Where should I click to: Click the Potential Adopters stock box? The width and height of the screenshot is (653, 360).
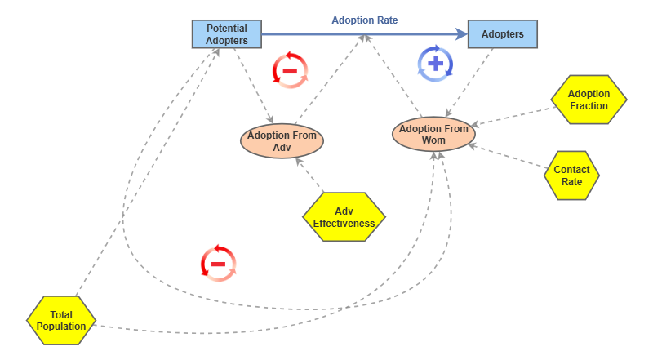click(x=226, y=34)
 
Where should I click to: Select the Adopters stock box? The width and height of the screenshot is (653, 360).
click(x=503, y=34)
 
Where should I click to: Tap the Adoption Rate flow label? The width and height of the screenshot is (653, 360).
click(x=364, y=20)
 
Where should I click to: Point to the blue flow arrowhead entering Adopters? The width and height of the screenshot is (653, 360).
click(x=461, y=34)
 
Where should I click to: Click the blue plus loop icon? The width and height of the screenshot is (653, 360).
click(x=435, y=64)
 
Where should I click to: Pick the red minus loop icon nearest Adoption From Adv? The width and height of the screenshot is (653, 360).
click(x=290, y=69)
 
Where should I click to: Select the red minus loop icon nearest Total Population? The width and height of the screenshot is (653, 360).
click(x=218, y=264)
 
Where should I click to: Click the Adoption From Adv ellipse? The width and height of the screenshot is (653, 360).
click(x=282, y=140)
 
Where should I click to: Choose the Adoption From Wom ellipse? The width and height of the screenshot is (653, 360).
click(x=433, y=134)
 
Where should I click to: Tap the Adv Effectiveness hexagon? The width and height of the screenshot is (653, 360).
click(x=344, y=217)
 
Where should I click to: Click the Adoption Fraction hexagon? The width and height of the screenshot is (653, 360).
click(x=589, y=100)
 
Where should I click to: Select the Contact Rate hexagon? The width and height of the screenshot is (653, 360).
click(x=571, y=176)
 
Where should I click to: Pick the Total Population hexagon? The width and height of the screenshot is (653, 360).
click(x=61, y=320)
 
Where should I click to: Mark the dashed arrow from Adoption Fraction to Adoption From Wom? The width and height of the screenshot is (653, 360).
click(x=514, y=115)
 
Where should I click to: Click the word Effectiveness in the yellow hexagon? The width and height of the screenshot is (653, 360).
click(x=344, y=223)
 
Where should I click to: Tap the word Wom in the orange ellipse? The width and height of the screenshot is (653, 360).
click(x=433, y=140)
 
